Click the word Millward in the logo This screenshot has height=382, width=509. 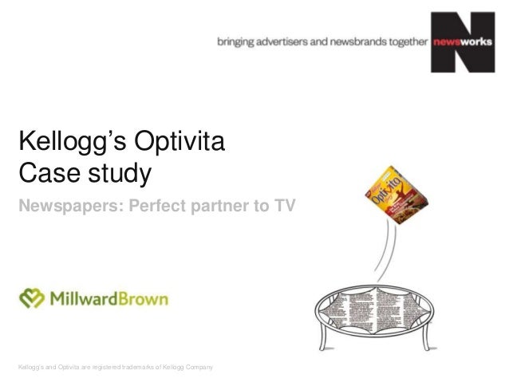(x=82, y=299)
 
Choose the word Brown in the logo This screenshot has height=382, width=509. (x=142, y=299)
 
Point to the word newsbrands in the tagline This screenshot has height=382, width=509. (x=356, y=45)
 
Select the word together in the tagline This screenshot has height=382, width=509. (x=406, y=45)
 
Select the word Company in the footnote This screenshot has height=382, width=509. (x=196, y=366)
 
